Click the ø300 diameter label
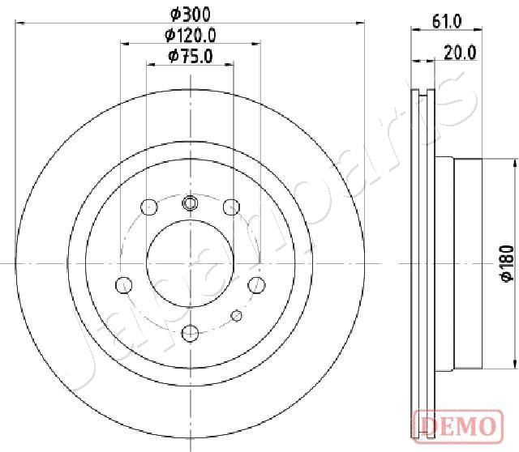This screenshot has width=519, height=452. point(191,15)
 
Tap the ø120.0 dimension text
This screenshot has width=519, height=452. point(191,35)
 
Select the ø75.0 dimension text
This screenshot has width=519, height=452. point(191,56)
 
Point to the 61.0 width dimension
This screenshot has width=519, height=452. point(447,22)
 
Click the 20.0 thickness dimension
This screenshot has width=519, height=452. point(460,52)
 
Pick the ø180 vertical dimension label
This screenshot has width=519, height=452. point(507,263)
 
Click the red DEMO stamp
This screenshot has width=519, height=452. point(458,425)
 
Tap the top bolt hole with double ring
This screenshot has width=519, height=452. point(190,203)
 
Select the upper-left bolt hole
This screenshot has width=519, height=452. point(149,207)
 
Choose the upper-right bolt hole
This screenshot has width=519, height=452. point(231,207)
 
